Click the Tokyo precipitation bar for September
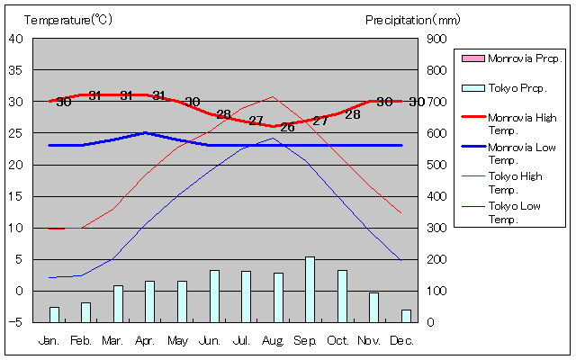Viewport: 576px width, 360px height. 310,289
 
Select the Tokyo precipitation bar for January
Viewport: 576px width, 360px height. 54,314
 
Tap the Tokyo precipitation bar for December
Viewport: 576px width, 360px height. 406,316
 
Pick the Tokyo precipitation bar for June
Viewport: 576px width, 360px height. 214,295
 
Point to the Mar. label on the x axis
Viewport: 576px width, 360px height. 112,340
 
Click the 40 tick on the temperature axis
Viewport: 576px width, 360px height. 16,39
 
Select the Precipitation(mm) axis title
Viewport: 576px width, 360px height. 412,19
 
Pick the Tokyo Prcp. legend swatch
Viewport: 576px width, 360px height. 472,87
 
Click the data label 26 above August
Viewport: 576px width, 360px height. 287,127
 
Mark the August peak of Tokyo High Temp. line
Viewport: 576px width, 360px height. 273,96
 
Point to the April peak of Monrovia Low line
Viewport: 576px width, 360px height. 145,132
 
